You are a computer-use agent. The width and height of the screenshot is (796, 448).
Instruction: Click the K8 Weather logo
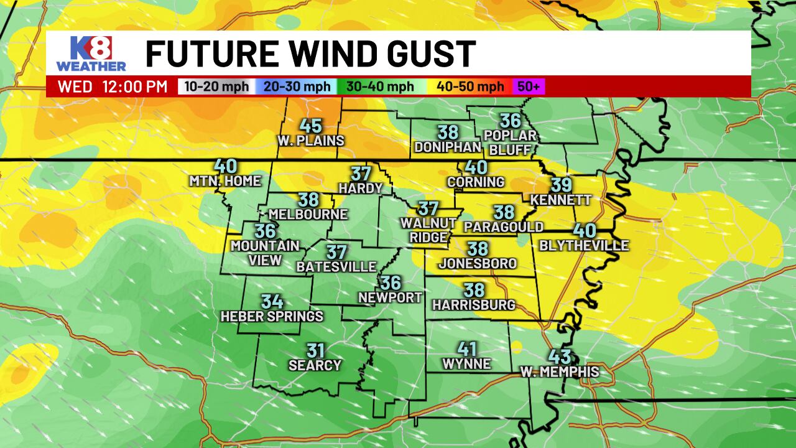pos(91,54)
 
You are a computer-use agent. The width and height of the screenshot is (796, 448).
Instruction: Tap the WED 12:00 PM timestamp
pos(113,87)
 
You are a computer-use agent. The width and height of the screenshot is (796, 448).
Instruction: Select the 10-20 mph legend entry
pos(216,87)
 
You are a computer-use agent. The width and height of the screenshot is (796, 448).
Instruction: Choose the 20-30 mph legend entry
pos(297,87)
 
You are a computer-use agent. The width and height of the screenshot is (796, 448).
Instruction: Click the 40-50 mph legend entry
pos(470,87)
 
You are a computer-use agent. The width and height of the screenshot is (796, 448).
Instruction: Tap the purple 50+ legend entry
pos(528,87)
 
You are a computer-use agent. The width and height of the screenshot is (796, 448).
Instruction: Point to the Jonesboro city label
pos(478,264)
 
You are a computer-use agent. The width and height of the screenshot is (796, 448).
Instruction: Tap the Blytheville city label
pos(584,246)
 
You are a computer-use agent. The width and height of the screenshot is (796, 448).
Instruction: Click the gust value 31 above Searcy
pos(315,351)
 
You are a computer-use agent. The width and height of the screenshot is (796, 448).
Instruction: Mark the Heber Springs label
pos(272,317)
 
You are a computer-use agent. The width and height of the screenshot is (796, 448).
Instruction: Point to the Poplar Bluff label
pos(511,143)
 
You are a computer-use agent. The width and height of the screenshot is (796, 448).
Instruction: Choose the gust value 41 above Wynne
pos(467,349)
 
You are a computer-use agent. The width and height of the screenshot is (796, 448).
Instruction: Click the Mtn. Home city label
pos(225,181)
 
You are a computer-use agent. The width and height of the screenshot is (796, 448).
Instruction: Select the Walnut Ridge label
pos(428,230)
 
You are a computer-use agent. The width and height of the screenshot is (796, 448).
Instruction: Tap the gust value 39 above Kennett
pos(561,185)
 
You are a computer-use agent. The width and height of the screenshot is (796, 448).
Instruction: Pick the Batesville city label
pos(336,267)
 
